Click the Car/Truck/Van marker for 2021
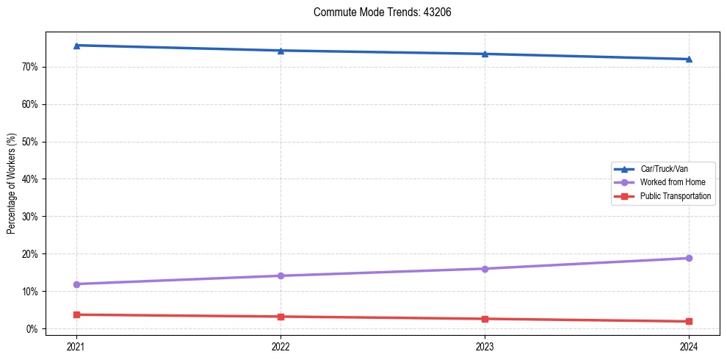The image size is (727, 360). pyautogui.click(x=76, y=46)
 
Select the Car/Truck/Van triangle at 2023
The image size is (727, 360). pyautogui.click(x=485, y=54)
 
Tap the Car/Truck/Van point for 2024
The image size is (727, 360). pyautogui.click(x=689, y=59)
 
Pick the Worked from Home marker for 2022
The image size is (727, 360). pyautogui.click(x=281, y=276)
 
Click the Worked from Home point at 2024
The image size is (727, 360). pyautogui.click(x=689, y=258)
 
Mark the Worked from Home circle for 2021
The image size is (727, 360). pyautogui.click(x=76, y=284)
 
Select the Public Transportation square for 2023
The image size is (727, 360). pyautogui.click(x=485, y=319)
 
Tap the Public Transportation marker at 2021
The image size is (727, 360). pyautogui.click(x=76, y=314)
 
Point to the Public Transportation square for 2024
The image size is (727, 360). pyautogui.click(x=689, y=321)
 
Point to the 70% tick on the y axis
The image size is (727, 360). pyautogui.click(x=31, y=67)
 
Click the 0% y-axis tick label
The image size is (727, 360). pyautogui.click(x=33, y=328)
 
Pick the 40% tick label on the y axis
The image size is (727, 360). pyautogui.click(x=31, y=179)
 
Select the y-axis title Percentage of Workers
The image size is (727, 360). pyautogui.click(x=12, y=184)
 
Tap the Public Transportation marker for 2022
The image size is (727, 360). pyautogui.click(x=281, y=317)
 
